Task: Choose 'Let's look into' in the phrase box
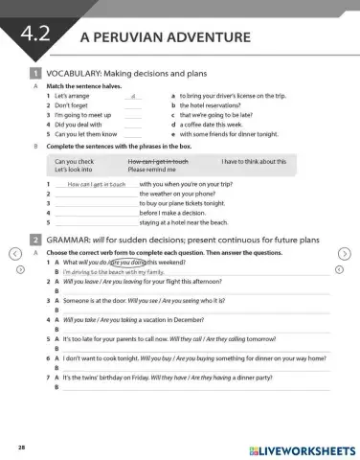(x=73, y=171)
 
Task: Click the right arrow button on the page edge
(x=345, y=253)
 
